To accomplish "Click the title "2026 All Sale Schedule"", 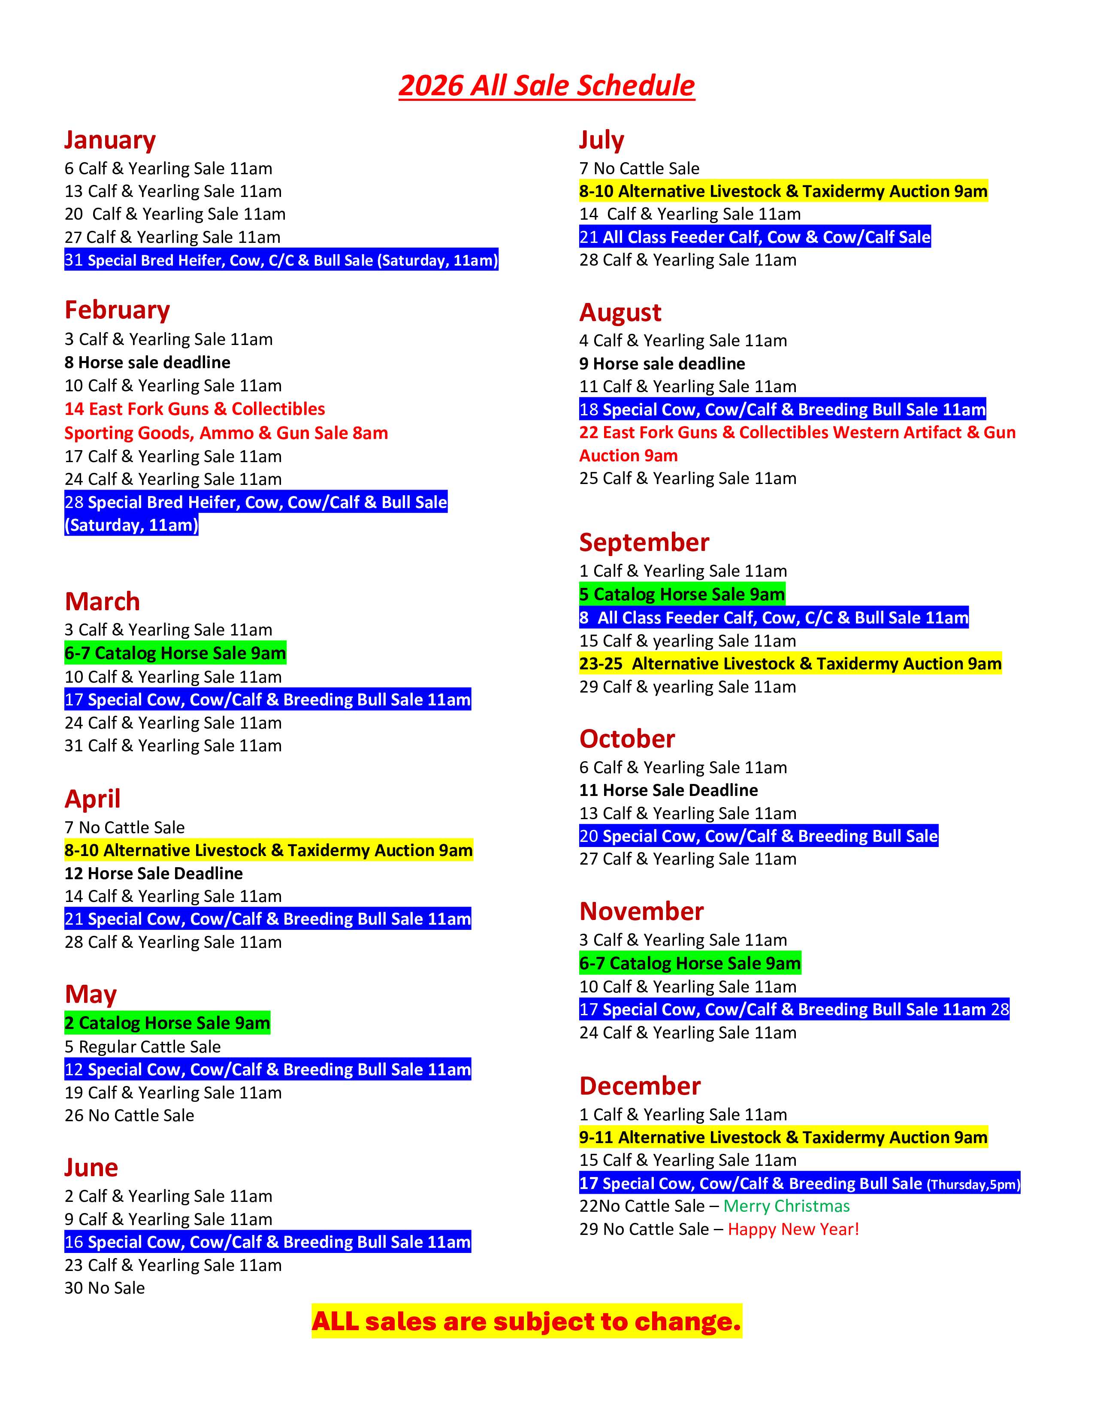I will (546, 85).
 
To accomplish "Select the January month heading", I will (110, 140).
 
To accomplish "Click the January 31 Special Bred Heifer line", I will (281, 260).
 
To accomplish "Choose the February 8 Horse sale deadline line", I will (147, 363).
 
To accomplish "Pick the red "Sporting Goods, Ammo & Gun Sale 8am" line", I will (226, 433).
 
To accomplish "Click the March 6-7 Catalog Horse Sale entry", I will (175, 653).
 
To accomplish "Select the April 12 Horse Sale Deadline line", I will (154, 873).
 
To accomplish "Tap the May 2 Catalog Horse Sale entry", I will (167, 1023).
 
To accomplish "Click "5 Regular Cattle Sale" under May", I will (142, 1047).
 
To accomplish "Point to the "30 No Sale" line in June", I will (104, 1288).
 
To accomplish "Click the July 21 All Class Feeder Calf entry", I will (754, 237).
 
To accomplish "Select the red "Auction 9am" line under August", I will (628, 456).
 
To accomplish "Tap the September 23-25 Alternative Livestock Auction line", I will (790, 663).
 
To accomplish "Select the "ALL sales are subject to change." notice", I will (526, 1321).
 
